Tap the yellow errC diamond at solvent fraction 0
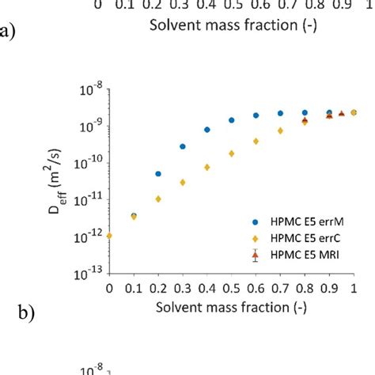tap(109, 235)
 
